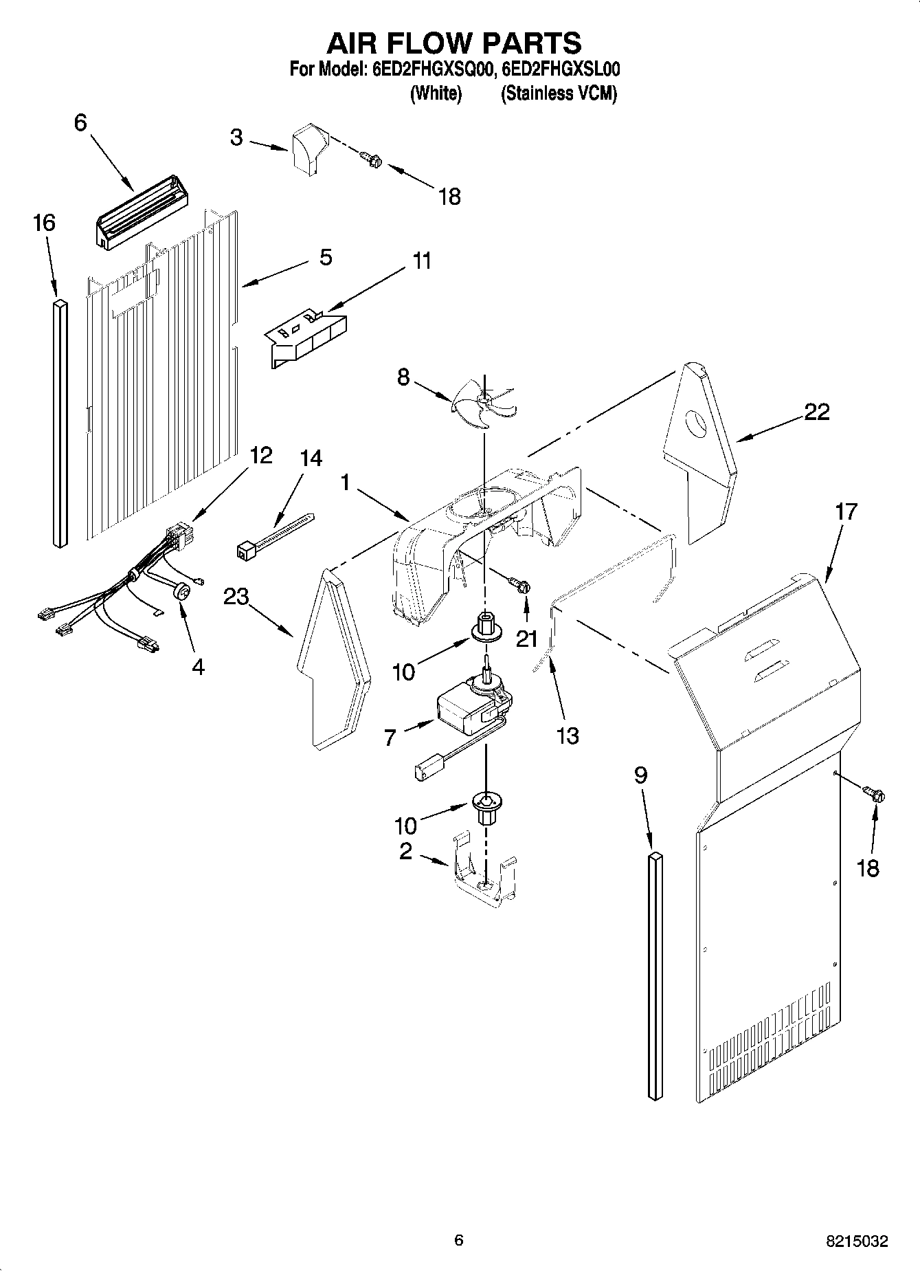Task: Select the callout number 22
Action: click(816, 412)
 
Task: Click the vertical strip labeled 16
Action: click(60, 422)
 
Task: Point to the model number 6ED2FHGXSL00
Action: click(561, 69)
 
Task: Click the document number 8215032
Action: click(856, 1241)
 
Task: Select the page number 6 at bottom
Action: click(459, 1240)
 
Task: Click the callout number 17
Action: click(846, 512)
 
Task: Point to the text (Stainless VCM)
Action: click(558, 93)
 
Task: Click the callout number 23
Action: click(236, 597)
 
